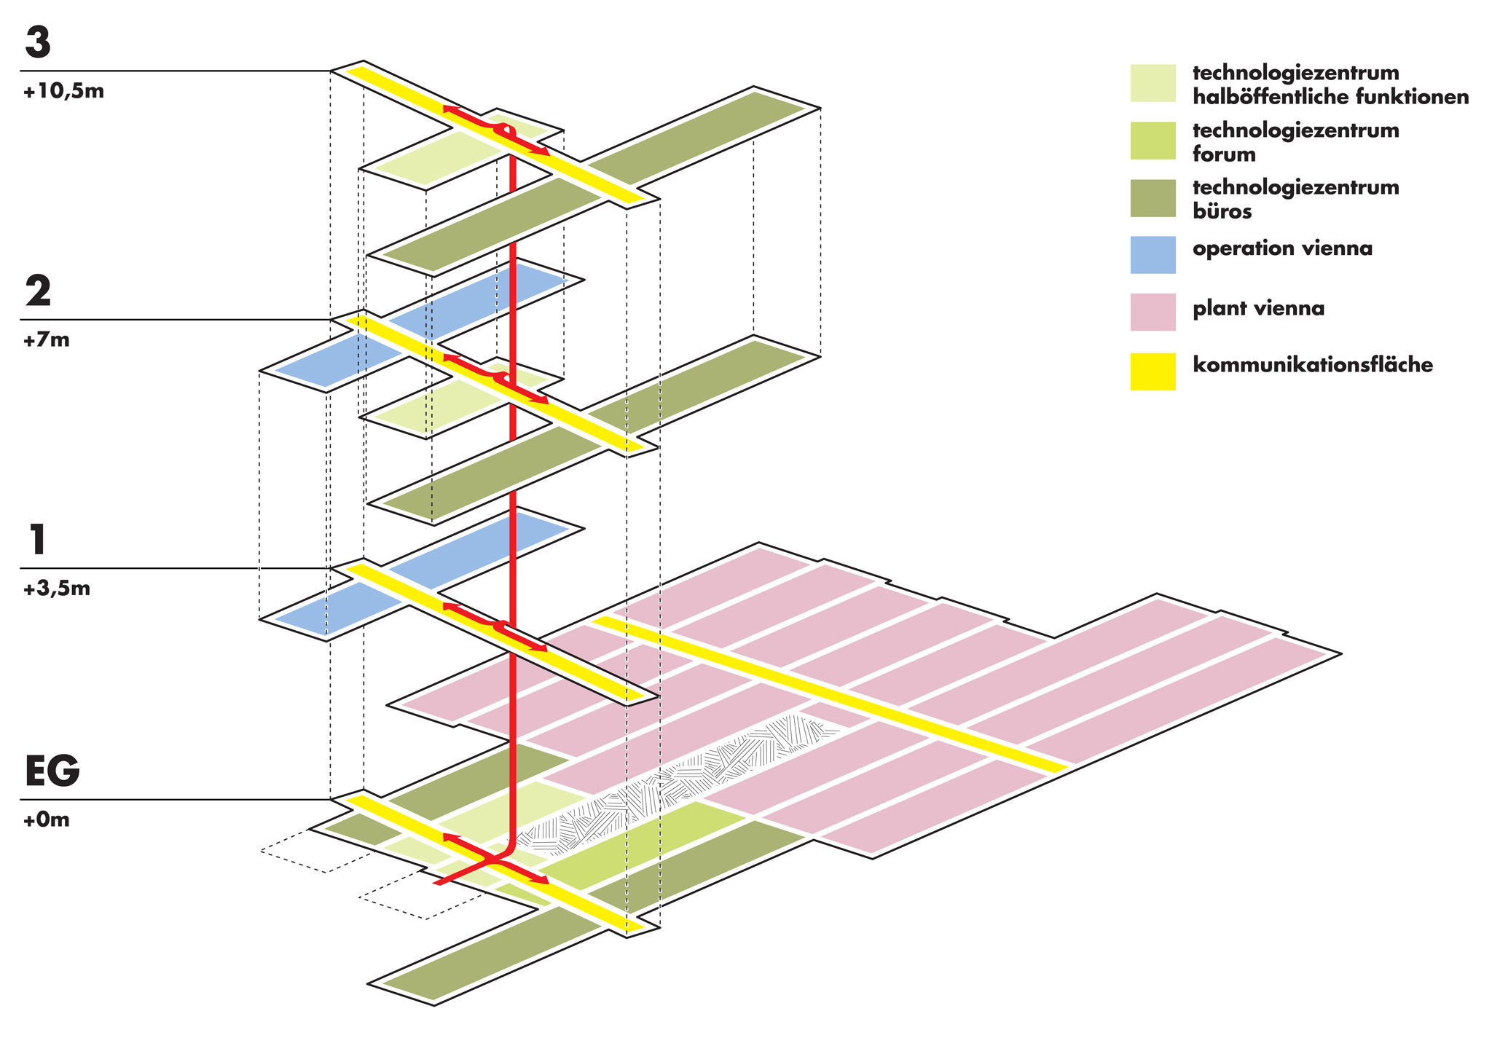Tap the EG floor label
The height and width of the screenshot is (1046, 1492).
coord(52,771)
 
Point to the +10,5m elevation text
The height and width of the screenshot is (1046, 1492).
coord(63,93)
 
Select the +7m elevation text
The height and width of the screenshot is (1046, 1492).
coord(46,340)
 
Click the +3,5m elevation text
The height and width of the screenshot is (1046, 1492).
coord(56,589)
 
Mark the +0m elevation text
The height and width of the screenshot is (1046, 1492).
coord(46,820)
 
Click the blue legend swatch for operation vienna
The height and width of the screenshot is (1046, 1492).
coord(1153,255)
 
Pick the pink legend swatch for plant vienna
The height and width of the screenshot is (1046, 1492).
coord(1153,312)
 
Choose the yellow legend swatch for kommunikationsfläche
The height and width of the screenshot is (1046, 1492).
coord(1153,371)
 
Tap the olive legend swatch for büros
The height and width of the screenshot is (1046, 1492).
coord(1153,198)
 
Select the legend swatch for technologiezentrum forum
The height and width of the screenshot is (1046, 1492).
coord(1153,140)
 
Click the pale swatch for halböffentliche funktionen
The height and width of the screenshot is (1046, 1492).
coord(1153,83)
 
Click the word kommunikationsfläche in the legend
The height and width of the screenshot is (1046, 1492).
coord(1312,364)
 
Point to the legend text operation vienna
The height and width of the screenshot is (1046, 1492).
coord(1282,248)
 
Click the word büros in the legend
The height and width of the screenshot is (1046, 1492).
coord(1222,211)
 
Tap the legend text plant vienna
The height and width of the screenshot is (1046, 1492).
coord(1258,309)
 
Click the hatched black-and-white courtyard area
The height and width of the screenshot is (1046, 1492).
coord(685,779)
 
